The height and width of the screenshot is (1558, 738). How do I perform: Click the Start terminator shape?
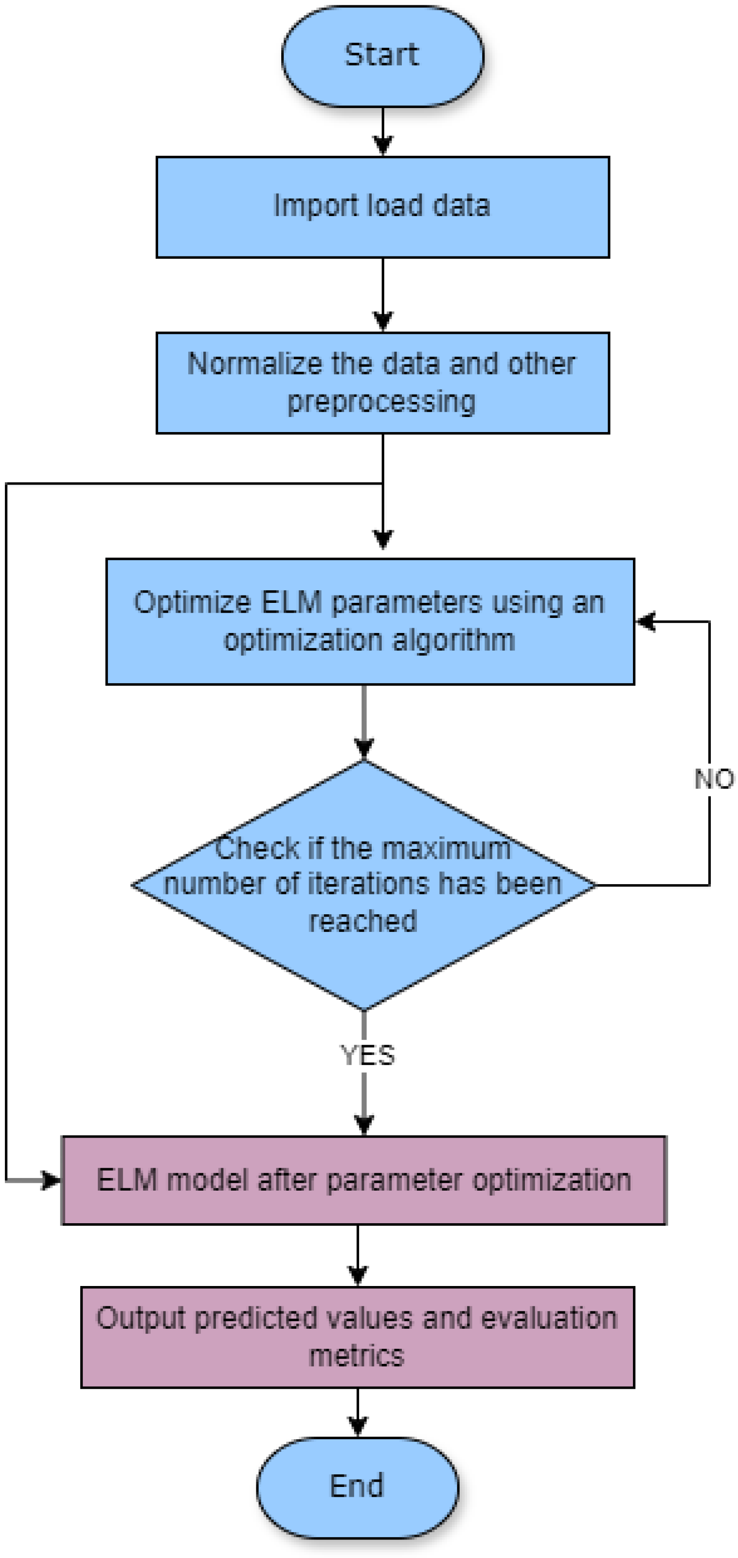(382, 55)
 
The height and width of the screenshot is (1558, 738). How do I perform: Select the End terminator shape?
(357, 1486)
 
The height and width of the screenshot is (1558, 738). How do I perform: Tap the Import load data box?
(382, 207)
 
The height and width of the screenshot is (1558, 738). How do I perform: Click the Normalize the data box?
(382, 382)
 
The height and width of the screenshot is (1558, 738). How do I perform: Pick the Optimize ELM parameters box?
(370, 621)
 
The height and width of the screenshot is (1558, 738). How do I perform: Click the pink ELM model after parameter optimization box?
(363, 1180)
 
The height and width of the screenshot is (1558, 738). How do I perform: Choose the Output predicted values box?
(357, 1337)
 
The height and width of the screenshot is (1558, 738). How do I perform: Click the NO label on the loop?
(714, 779)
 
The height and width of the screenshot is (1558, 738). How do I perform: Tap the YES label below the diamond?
(367, 1055)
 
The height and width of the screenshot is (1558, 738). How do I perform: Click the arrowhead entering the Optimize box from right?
(646, 621)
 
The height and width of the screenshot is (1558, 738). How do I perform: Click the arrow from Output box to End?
(358, 1412)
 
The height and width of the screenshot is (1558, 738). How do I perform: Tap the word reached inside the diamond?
(363, 921)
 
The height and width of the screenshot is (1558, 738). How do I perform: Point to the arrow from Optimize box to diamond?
(363, 721)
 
